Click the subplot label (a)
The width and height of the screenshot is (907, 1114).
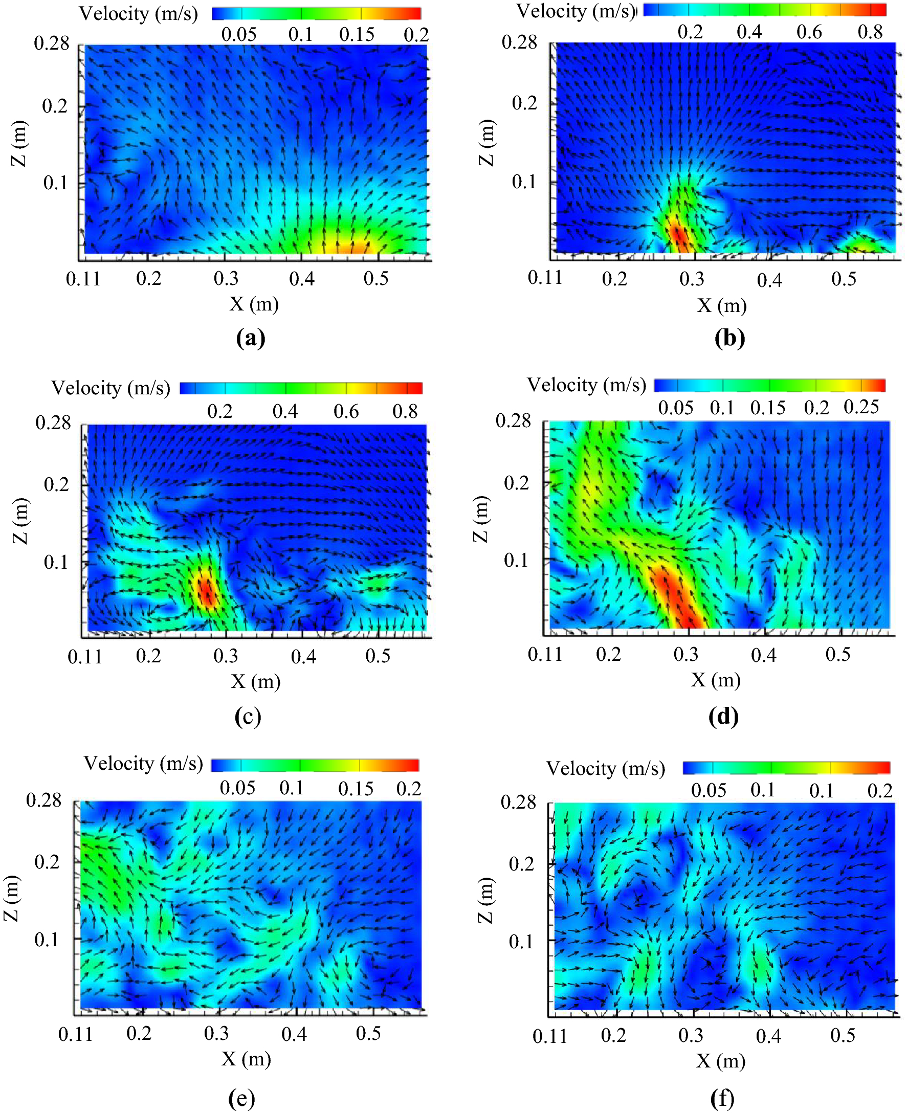point(250,338)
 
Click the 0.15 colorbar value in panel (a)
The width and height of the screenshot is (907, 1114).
point(357,34)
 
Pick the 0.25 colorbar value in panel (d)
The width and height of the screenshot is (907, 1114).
point(861,407)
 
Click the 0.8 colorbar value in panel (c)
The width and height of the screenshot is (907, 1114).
point(405,412)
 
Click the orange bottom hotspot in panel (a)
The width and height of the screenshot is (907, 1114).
point(342,246)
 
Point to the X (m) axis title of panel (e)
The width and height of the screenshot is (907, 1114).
point(246,1059)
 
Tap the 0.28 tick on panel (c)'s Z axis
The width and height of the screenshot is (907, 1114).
point(52,422)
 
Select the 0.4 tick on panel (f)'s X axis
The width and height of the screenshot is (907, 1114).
point(768,1036)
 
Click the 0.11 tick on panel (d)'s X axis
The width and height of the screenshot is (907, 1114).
point(544,654)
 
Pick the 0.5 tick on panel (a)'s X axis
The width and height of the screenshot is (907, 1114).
point(375,278)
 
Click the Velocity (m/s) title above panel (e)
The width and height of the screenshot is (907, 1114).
point(143,764)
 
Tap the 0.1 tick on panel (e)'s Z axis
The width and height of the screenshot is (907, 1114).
point(46,940)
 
